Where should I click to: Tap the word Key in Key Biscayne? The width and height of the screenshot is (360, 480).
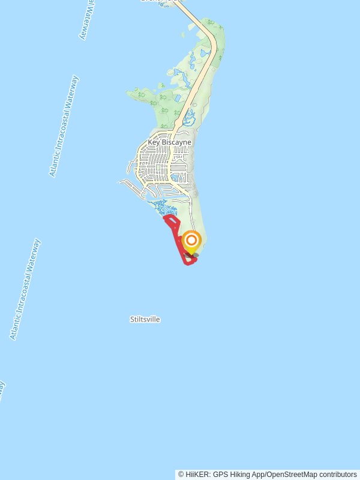pos(154,142)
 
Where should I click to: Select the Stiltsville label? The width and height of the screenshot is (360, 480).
pos(145,319)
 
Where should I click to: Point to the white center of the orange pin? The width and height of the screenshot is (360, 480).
pos(191,241)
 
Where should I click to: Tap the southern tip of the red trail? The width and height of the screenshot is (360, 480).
pos(188,263)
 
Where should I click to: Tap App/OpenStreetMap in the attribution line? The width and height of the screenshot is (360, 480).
pos(281,475)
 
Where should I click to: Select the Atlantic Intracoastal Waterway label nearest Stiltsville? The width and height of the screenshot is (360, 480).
pos(25,289)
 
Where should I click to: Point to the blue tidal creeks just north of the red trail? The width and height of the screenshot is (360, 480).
pos(163,207)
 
